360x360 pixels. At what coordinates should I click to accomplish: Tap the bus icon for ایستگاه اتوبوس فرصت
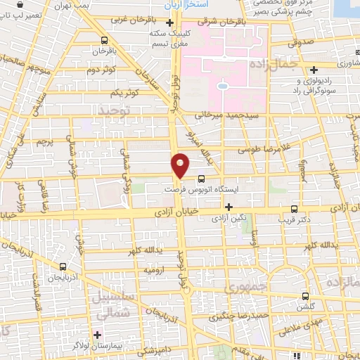click(202, 179)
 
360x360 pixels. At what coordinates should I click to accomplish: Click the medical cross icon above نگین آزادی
click(229, 206)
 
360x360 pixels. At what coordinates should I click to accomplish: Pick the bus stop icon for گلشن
click(304, 296)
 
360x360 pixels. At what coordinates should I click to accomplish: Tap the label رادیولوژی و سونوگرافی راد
click(323, 86)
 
